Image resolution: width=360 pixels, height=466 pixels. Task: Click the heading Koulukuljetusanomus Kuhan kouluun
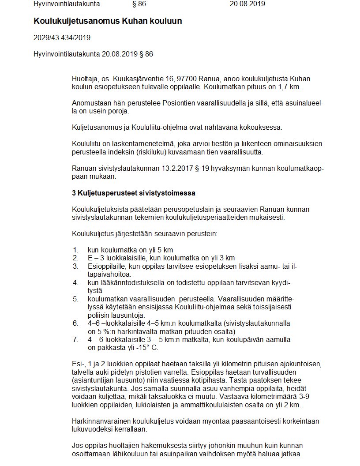[x=108, y=21]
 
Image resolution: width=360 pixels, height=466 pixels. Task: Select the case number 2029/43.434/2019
[x=62, y=38]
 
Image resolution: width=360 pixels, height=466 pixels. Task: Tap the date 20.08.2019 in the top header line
[x=247, y=4]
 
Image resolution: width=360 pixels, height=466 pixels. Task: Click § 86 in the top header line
[x=139, y=4]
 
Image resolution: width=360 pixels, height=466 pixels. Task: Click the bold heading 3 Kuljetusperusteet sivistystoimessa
[x=133, y=193]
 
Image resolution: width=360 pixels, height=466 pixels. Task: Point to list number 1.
[x=75, y=250]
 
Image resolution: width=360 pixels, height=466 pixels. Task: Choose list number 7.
[x=75, y=339]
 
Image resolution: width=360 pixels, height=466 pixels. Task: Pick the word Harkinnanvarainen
[x=102, y=421]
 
